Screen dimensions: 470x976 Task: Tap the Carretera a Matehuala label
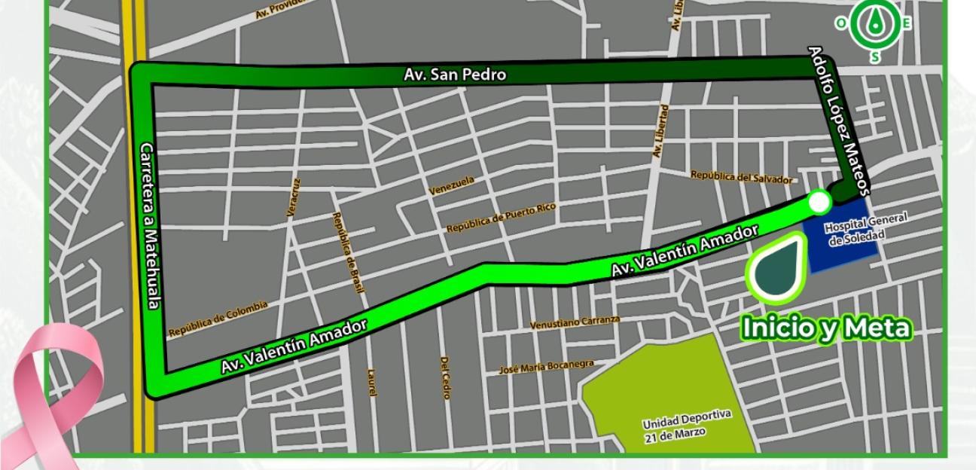pos(149,226)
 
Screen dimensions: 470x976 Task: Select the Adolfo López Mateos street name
pos(839,121)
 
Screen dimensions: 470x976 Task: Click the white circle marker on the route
pos(819,202)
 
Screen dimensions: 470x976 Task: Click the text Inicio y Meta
pos(826,328)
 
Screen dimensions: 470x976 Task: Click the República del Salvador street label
pos(742,178)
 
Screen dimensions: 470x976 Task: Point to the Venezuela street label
pos(452,185)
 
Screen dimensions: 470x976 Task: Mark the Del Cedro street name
pos(444,377)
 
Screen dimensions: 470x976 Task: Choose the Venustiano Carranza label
pos(575,322)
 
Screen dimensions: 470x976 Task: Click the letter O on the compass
pos(841,23)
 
